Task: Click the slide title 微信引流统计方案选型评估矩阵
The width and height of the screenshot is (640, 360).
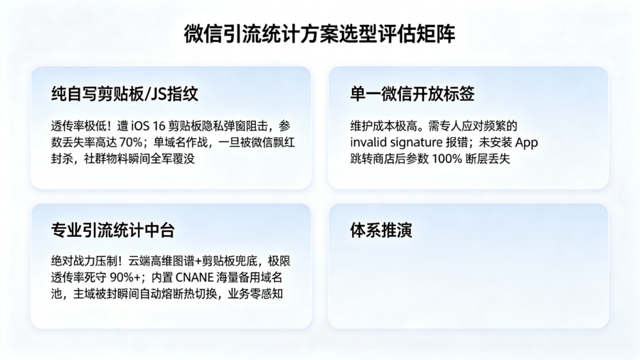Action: click(x=319, y=33)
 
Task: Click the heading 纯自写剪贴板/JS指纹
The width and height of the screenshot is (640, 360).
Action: click(x=124, y=93)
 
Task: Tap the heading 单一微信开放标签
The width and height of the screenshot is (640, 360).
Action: click(x=412, y=93)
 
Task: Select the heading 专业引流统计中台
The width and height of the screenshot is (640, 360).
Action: click(x=113, y=230)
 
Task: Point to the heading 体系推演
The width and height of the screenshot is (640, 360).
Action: click(x=381, y=230)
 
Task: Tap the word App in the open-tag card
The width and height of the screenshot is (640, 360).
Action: click(x=526, y=142)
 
